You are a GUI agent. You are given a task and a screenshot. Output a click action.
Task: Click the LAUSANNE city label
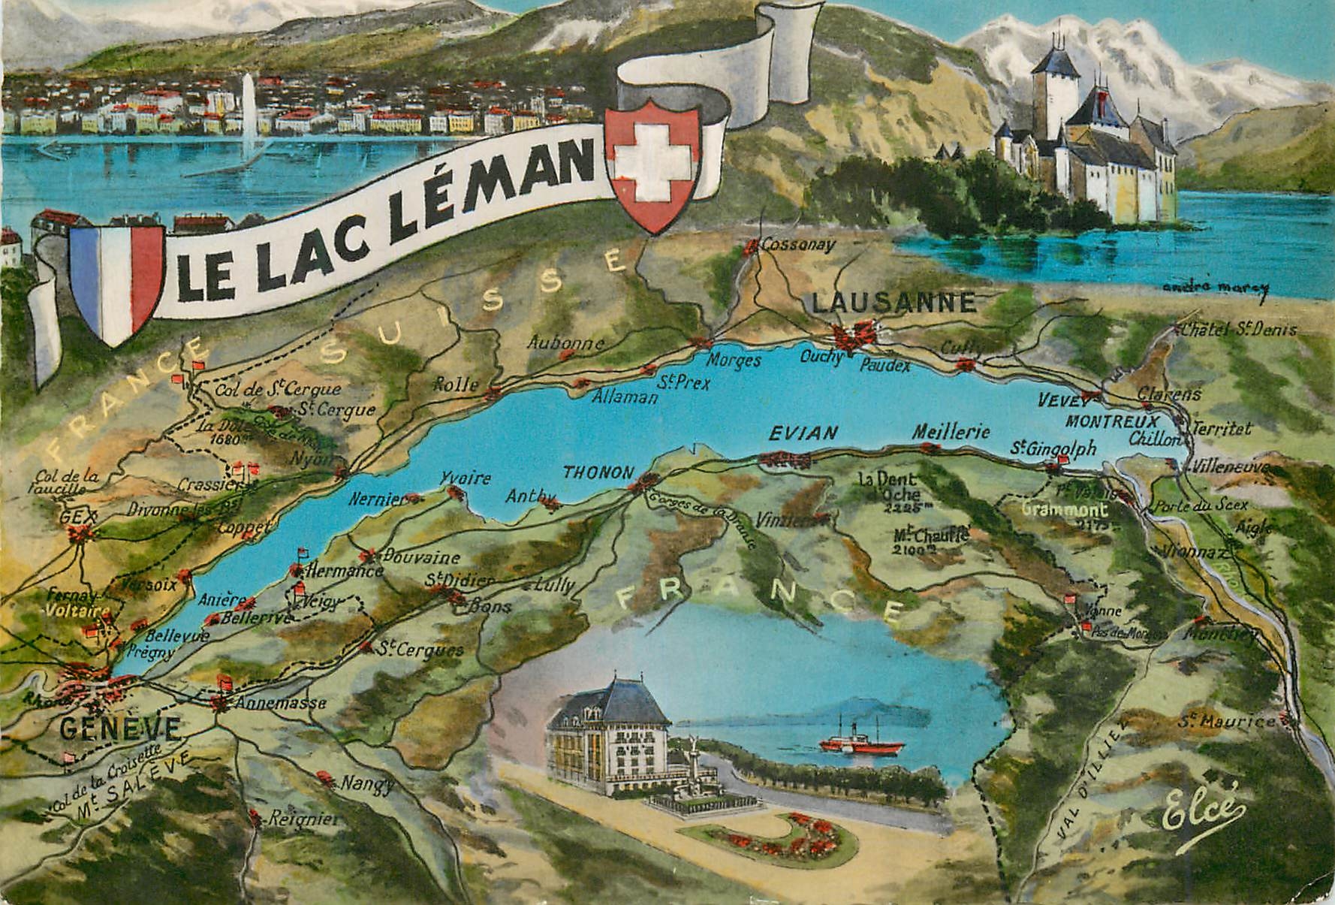(x=894, y=303)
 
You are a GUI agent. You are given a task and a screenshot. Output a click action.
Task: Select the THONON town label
(x=598, y=472)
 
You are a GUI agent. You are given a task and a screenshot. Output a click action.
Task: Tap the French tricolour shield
(x=116, y=282)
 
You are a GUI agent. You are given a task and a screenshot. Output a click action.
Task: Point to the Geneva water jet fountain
(x=249, y=113)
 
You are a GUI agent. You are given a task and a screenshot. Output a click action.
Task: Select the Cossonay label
(x=797, y=245)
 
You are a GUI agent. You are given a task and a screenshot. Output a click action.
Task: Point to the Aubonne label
(x=565, y=343)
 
